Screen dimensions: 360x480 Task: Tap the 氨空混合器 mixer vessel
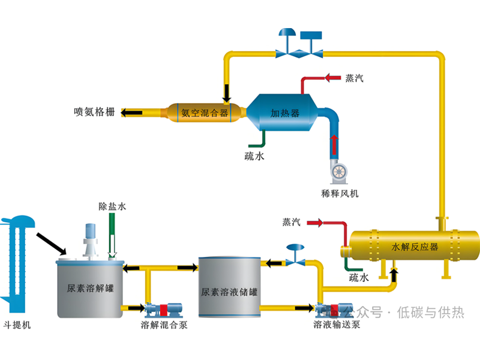click(204, 112)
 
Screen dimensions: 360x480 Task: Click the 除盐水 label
click(112, 206)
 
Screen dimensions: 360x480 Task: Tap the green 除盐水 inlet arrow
click(112, 237)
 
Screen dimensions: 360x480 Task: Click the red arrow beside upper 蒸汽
click(331, 78)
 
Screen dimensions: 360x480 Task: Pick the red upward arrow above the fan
click(334, 144)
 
